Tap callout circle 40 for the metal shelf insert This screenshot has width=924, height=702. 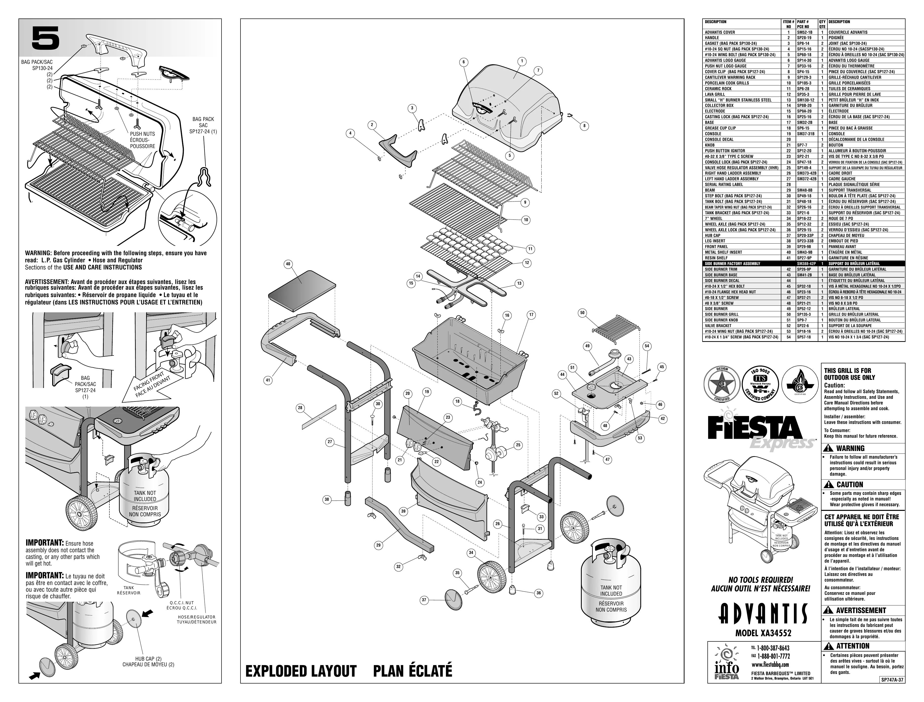288,264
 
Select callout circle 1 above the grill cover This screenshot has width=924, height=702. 522,61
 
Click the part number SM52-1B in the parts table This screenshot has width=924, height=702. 804,32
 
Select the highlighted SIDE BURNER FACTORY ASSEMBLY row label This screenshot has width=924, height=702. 733,264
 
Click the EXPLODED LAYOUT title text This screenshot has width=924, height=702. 301,671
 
